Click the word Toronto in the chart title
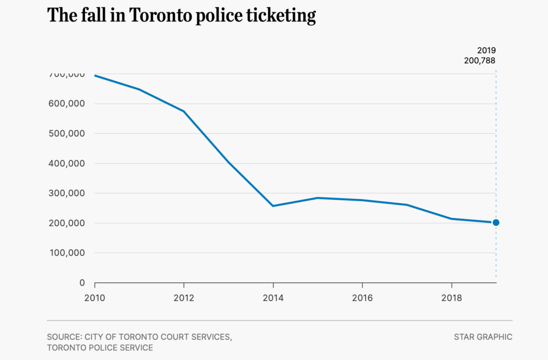[156, 15]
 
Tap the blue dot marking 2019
[496, 223]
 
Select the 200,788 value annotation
[479, 61]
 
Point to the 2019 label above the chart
[486, 50]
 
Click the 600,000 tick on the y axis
[67, 104]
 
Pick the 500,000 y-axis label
[67, 134]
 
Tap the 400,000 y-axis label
[67, 164]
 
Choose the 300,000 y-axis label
[67, 193]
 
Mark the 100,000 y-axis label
[67, 253]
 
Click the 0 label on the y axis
[82, 283]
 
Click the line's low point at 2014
[273, 206]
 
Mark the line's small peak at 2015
[318, 198]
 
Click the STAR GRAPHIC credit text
[483, 337]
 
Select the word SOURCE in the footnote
[63, 337]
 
